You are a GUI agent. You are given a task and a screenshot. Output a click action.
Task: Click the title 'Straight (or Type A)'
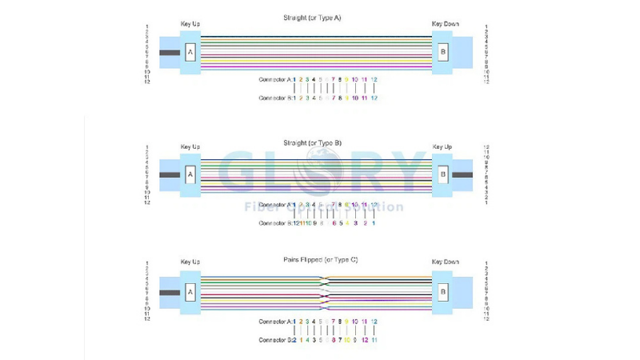(x=311, y=17)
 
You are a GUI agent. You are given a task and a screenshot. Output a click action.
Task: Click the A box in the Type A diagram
(x=190, y=53)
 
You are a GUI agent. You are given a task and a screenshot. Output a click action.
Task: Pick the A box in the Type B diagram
(x=190, y=174)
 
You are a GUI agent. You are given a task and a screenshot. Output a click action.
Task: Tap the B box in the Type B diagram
(x=443, y=174)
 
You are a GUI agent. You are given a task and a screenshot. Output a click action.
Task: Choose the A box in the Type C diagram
(x=190, y=293)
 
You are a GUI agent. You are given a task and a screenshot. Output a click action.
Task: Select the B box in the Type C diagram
(x=443, y=293)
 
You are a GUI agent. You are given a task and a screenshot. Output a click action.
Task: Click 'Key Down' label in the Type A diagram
(x=445, y=24)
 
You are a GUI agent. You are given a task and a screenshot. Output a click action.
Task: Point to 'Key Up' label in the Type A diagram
(x=190, y=24)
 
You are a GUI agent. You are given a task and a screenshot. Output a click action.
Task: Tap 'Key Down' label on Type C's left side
(x=445, y=262)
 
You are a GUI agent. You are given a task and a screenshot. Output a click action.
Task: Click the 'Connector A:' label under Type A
(x=276, y=80)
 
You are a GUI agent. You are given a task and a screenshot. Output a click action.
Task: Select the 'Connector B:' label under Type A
(x=276, y=98)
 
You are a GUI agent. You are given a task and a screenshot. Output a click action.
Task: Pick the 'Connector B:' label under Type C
(x=276, y=340)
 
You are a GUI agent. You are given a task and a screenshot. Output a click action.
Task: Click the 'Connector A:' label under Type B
(x=276, y=205)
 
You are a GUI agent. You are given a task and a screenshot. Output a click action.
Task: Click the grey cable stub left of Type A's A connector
(x=170, y=53)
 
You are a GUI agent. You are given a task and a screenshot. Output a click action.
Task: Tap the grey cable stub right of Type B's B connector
(x=463, y=174)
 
